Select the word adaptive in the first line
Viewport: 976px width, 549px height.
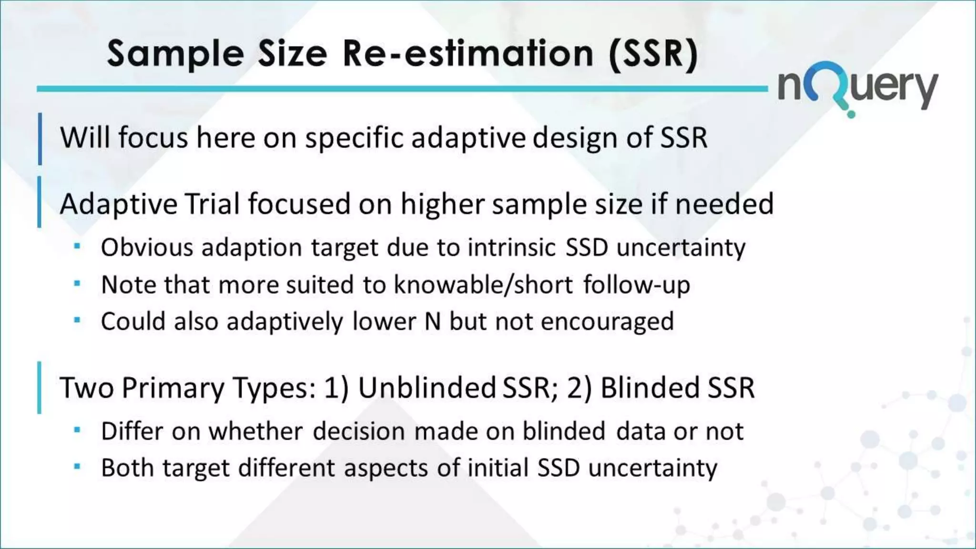pyautogui.click(x=468, y=138)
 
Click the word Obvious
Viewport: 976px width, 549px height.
pyautogui.click(x=147, y=248)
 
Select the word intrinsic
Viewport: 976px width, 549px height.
pyautogui.click(x=512, y=248)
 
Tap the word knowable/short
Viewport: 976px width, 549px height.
pyautogui.click(x=483, y=285)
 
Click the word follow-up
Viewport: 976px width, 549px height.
pyautogui.click(x=637, y=285)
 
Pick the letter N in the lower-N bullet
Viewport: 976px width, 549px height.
pyautogui.click(x=432, y=322)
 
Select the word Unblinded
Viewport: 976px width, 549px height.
pyautogui.click(x=427, y=387)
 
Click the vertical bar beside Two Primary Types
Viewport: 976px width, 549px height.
pyautogui.click(x=39, y=387)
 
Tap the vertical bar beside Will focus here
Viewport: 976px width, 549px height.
pyautogui.click(x=40, y=139)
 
